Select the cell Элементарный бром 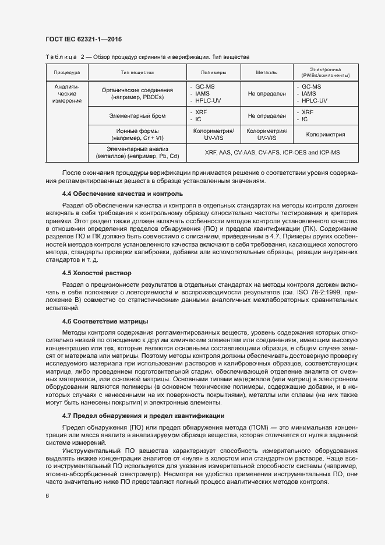click(x=137, y=116)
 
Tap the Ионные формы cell click(x=137, y=135)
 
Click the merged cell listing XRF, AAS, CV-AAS click(x=272, y=153)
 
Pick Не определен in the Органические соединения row click(x=267, y=93)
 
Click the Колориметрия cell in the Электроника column click(x=326, y=135)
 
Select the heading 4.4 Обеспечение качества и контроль click(x=122, y=193)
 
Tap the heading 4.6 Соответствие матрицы click(x=105, y=321)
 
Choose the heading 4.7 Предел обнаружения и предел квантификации click(x=143, y=416)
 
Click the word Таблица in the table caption click(x=59, y=57)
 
